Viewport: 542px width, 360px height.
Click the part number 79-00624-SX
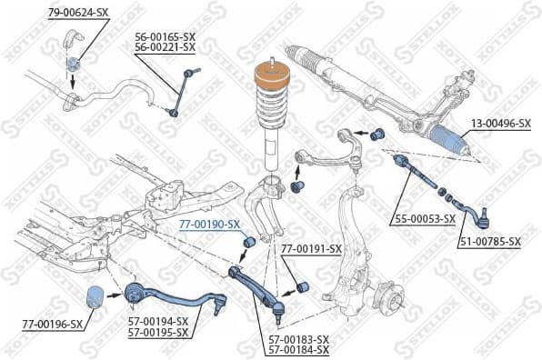click(79, 13)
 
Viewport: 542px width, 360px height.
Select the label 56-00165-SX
click(165, 36)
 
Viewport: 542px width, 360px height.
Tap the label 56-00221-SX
click(165, 46)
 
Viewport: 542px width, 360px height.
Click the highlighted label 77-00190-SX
click(209, 224)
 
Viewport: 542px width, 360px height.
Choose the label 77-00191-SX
click(311, 248)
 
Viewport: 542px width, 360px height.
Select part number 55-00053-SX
click(425, 219)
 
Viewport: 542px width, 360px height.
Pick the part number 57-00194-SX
click(157, 322)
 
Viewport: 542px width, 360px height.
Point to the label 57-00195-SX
click(157, 332)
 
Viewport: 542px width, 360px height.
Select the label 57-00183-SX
click(298, 339)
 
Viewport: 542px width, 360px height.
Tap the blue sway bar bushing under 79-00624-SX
click(73, 63)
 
